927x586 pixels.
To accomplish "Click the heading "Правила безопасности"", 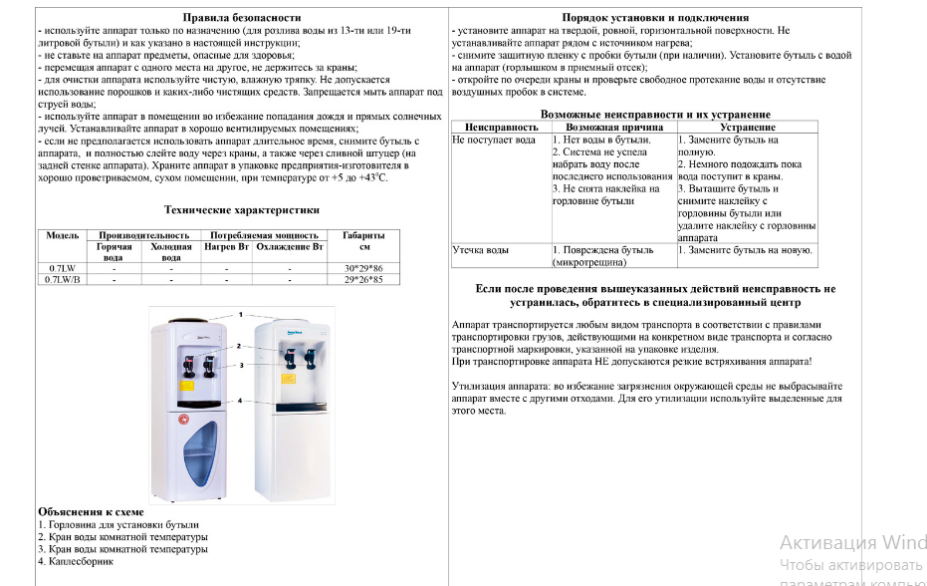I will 240,18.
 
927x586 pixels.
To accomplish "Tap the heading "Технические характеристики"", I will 241,210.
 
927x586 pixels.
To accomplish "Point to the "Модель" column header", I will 63,235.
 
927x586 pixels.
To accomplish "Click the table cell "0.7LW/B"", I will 63,280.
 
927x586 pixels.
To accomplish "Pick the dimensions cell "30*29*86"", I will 363,269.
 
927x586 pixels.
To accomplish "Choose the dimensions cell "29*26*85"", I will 363,280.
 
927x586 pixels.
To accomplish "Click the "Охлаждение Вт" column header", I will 290,245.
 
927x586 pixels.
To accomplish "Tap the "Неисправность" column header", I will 501,128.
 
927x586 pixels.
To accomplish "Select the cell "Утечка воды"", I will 481,250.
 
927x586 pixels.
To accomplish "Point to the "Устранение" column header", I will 748,128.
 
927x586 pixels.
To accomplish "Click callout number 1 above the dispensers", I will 240,314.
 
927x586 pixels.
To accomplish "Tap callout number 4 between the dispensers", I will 240,401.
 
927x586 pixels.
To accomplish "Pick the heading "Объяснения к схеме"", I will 84,511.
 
